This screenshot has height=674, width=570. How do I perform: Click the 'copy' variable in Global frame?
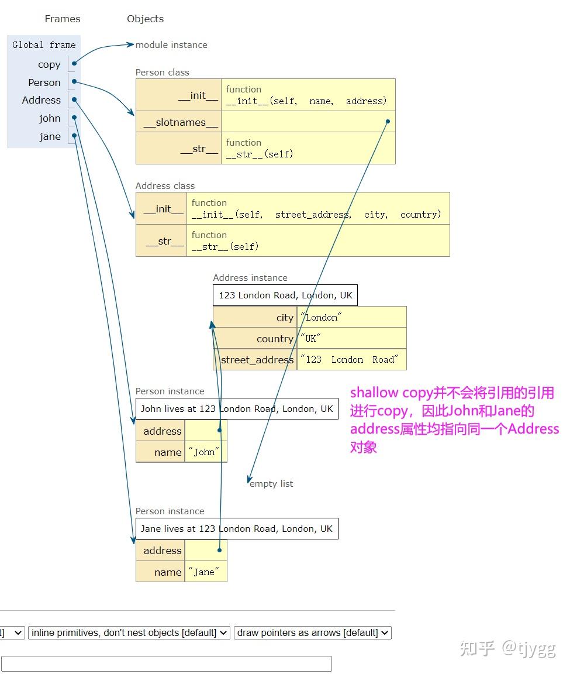[49, 64]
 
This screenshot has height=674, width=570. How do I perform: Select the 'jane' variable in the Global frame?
[50, 136]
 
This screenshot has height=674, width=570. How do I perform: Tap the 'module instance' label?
[171, 45]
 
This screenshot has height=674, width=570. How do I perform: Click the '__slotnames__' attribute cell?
[179, 122]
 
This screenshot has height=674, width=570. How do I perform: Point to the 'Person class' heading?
[163, 73]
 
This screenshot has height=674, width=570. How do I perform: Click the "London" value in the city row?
[321, 318]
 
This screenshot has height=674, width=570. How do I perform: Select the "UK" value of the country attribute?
[311, 339]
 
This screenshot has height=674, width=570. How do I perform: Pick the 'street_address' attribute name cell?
[257, 360]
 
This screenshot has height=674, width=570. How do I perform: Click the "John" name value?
[204, 452]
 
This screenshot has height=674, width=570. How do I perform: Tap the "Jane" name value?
[204, 572]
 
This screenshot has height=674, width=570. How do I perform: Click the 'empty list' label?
[271, 484]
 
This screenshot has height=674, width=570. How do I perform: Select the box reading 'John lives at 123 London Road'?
[237, 409]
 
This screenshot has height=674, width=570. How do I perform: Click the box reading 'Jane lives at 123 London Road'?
[237, 529]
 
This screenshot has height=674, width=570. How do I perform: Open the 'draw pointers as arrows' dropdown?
[313, 632]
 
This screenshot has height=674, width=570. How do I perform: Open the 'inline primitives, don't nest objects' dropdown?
[129, 632]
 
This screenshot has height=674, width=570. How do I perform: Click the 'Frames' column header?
[63, 19]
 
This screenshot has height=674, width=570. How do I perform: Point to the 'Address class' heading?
[165, 186]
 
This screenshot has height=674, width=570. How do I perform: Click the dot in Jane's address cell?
[219, 550]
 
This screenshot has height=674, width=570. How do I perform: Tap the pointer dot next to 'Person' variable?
[74, 82]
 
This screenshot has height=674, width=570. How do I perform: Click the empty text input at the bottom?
[167, 663]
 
